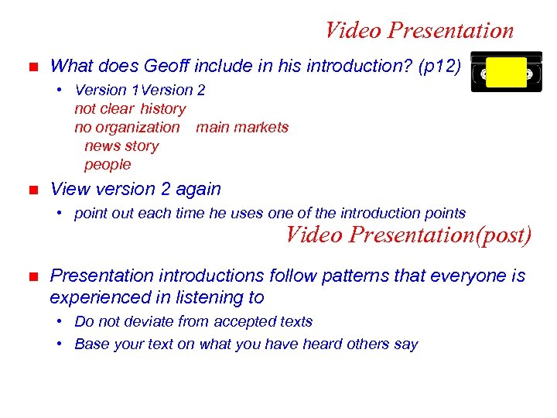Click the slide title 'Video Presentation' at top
(x=419, y=30)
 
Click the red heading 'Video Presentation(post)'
(x=408, y=235)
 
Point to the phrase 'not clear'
(x=104, y=109)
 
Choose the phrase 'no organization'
(x=127, y=127)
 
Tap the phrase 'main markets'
(x=242, y=127)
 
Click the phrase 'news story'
(x=121, y=146)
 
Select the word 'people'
(x=108, y=164)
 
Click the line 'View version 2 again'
(x=135, y=189)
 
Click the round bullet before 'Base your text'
(x=60, y=344)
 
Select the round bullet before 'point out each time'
(x=60, y=213)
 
